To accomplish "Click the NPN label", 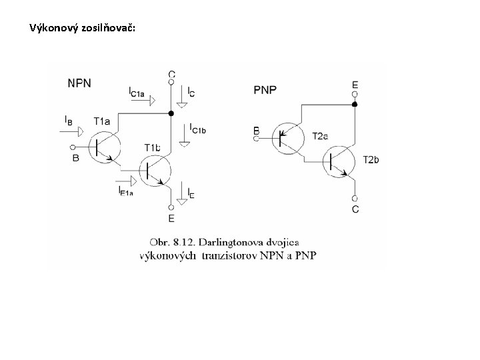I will coord(79,83).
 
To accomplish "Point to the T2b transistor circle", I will coord(342,161).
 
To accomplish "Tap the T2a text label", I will coord(320,136).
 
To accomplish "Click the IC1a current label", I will coord(137,92).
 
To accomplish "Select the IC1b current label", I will coord(197,128).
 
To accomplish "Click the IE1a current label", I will coord(125,192).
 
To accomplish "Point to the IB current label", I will coord(69,121).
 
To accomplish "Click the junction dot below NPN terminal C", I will coord(171,113).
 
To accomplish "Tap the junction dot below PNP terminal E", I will coord(355,105).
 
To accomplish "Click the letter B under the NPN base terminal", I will coord(75,158).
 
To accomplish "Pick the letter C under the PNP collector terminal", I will coord(355,209).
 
